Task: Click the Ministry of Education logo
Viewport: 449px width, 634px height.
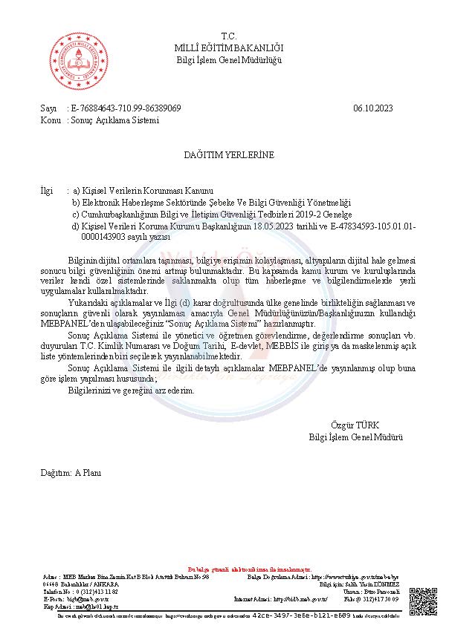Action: tap(74, 62)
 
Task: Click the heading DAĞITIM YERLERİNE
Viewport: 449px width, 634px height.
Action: tap(229, 154)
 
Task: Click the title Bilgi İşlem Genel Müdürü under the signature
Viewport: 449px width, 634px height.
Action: tap(355, 437)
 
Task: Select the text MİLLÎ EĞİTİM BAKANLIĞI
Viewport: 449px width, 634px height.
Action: tap(229, 48)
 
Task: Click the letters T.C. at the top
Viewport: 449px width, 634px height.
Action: tap(228, 36)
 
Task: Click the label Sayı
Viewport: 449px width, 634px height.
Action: tap(48, 108)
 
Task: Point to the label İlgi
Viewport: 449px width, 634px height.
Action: tap(47, 190)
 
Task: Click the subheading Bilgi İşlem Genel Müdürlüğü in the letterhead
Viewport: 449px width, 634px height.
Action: tap(229, 59)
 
